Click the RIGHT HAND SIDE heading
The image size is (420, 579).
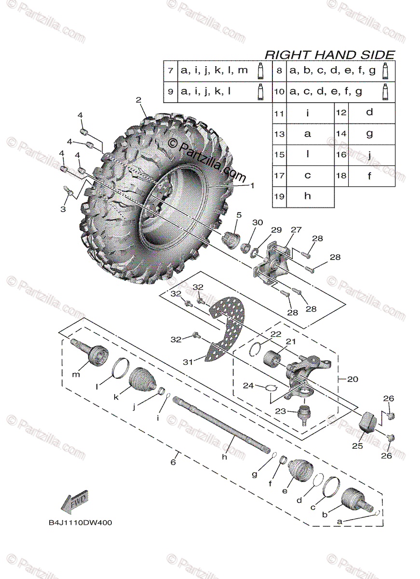[330, 55]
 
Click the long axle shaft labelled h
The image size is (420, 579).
[222, 425]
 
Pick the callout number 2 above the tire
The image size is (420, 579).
[138, 100]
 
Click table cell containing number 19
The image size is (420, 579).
[279, 196]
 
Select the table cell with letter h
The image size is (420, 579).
[308, 196]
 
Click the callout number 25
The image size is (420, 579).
[357, 446]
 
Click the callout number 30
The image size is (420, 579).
[258, 222]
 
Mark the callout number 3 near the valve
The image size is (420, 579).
[63, 208]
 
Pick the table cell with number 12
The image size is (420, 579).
[341, 112]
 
